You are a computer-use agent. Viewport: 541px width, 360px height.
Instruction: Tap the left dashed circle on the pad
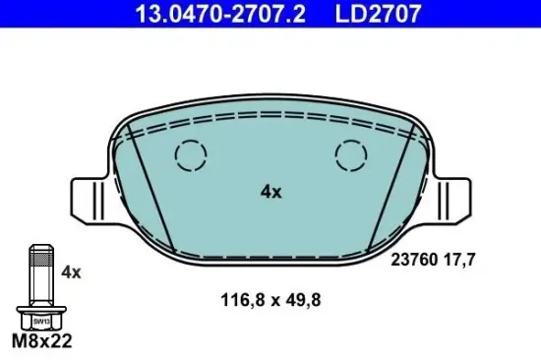tap(189, 154)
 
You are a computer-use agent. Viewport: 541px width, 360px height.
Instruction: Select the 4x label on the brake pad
tap(270, 193)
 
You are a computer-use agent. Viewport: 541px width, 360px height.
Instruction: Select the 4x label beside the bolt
tap(71, 270)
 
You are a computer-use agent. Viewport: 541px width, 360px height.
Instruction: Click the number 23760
tap(413, 262)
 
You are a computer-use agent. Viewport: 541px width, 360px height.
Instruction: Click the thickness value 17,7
tap(460, 262)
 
